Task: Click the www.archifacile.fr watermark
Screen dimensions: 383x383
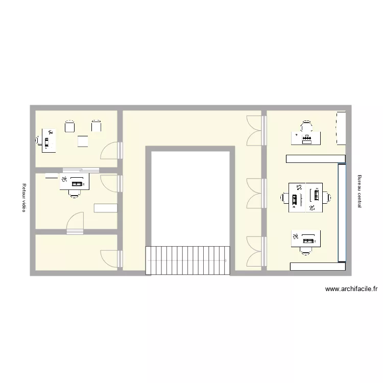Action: (351, 289)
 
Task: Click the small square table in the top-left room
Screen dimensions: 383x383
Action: (83, 141)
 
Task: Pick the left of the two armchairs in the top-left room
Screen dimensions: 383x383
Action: (70, 126)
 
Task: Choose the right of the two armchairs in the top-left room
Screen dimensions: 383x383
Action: (96, 126)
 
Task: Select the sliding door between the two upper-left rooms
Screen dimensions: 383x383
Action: (81, 170)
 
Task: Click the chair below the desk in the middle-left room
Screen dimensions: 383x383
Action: (75, 193)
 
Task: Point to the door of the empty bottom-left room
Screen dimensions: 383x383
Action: (110, 258)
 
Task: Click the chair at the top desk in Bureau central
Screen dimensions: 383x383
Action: (306, 126)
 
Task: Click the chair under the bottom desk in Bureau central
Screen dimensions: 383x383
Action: (306, 250)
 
